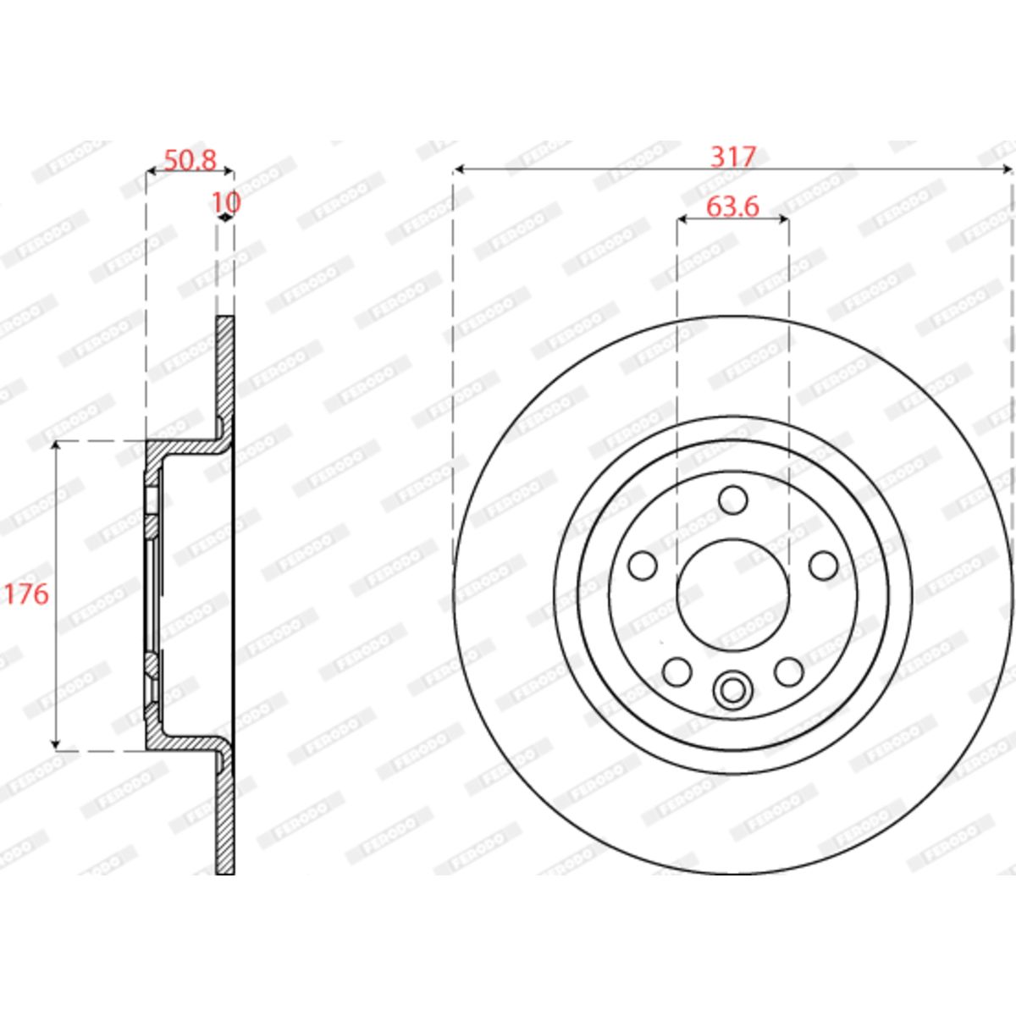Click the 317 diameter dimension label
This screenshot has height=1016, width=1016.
tap(733, 157)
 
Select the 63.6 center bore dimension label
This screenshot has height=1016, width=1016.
tap(732, 207)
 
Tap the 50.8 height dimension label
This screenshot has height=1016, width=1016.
tap(190, 160)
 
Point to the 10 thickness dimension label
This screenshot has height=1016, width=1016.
tap(226, 202)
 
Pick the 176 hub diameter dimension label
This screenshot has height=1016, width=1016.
tap(26, 594)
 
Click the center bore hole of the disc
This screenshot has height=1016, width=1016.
tap(733, 594)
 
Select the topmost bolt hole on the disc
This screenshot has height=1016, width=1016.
tap(733, 500)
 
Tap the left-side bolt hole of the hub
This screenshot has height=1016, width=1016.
tap(643, 566)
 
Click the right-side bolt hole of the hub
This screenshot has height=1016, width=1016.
tap(823, 566)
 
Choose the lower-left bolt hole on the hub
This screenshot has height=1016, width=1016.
tap(677, 671)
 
